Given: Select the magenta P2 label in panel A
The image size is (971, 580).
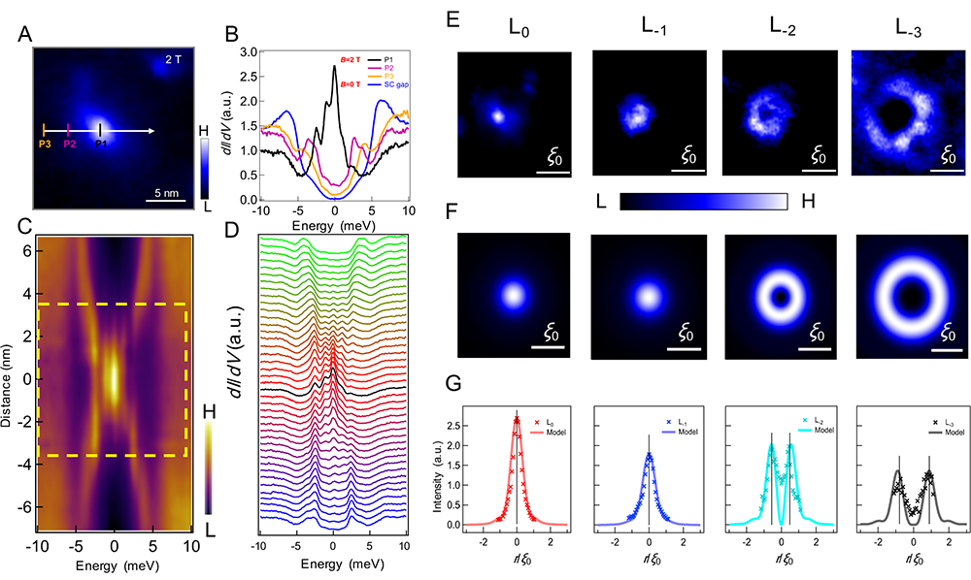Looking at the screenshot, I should (x=69, y=145).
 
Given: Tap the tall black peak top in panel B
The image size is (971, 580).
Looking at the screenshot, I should (x=334, y=66).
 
